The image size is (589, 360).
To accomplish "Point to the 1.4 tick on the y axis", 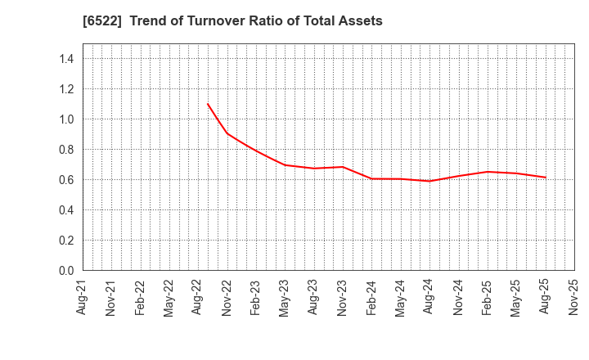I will [x=66, y=59].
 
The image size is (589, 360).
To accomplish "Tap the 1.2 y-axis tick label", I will [x=66, y=89].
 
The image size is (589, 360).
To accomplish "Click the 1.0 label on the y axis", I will [x=66, y=119].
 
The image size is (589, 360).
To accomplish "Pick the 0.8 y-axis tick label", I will [x=66, y=150].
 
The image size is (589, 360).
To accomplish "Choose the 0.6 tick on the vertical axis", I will [x=66, y=180].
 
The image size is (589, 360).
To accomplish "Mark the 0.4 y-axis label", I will [x=66, y=210].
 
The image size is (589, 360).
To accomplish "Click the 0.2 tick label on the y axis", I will [x=66, y=241].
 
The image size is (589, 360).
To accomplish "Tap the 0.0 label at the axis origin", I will [x=66, y=271].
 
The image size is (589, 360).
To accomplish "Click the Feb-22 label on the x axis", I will [x=141, y=297].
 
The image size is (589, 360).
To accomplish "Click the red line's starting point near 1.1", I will [x=208, y=104].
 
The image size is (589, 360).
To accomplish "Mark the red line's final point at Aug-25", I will [x=546, y=178].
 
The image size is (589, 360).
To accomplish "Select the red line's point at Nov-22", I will [x=227, y=133].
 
